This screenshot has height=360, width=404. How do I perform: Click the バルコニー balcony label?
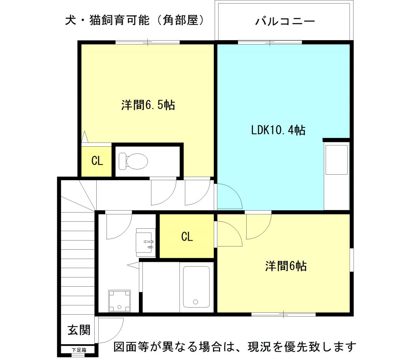point(285,21)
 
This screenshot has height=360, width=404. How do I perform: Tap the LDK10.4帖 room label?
point(278,130)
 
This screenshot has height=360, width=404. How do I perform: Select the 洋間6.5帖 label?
point(148,105)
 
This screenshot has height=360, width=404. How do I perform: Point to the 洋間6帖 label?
point(286,266)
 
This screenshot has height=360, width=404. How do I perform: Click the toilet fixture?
point(133,161)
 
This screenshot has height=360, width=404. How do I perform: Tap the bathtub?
point(196,287)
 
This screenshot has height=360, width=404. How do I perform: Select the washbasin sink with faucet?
point(146,242)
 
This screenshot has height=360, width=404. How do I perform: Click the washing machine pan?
point(119,301)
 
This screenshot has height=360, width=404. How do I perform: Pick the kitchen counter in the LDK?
point(337,175)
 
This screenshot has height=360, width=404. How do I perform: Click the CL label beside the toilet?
point(97,161)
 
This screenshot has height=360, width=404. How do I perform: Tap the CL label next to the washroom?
point(187,237)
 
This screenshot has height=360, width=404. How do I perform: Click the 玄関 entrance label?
point(79,330)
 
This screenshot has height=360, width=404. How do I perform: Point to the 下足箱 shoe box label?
point(79,350)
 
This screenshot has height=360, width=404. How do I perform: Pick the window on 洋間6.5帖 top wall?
point(148,42)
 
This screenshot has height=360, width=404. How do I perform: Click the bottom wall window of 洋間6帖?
point(283,314)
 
